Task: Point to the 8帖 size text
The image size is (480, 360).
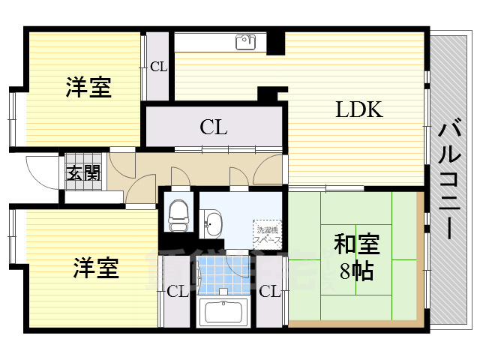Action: point(356,271)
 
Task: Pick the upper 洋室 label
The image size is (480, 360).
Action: point(88,88)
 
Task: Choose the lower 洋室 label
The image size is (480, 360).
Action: point(96,267)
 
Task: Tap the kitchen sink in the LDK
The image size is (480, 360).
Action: point(246,42)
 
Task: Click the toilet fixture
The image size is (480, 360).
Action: point(178,215)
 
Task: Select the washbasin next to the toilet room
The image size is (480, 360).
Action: point(214,223)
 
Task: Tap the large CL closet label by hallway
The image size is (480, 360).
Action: point(214,127)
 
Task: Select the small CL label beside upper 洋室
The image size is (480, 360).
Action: point(157,67)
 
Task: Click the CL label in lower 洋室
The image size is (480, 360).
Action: point(177,292)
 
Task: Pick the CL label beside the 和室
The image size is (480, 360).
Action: point(269,292)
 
